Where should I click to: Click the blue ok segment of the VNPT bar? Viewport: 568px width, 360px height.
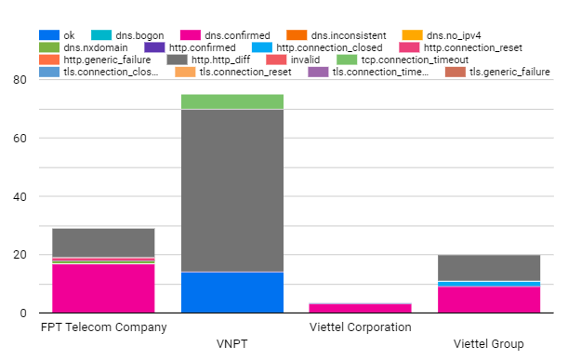coord(232,292)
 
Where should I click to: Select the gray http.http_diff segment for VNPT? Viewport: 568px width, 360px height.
coord(232,191)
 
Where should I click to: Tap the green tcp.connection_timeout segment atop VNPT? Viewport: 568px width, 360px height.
coord(232,102)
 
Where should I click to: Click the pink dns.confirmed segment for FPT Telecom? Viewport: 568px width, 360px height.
coord(103,288)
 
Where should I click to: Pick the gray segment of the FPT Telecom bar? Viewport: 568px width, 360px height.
coord(103,243)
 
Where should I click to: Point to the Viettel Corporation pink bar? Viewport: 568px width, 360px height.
coord(360,308)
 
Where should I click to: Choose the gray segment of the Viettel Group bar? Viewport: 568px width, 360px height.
coord(489,268)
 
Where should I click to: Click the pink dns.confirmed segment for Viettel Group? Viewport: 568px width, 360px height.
coord(489,300)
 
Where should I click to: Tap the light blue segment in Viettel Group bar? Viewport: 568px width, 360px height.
coord(489,284)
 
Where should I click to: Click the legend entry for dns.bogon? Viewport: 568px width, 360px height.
coord(127,35)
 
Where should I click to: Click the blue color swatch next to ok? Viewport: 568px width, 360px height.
coord(49,35)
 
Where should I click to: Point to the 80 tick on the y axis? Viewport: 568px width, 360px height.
coord(20,80)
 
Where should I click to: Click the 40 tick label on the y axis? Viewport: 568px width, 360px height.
coord(20,197)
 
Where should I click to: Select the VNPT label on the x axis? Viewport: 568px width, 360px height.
coord(231,343)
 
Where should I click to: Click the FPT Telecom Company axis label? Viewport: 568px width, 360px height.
coord(103,327)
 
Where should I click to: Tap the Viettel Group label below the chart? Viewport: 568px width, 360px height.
coord(489,344)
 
